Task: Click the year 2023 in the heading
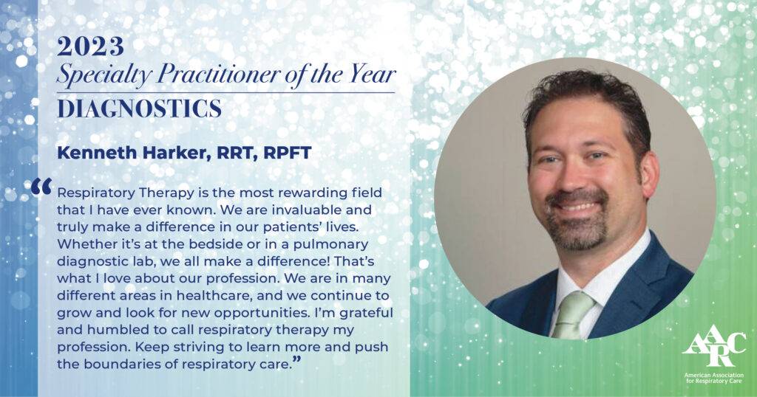click(90, 46)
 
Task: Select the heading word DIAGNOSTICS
click(139, 108)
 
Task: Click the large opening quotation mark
click(41, 186)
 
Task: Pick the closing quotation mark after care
click(297, 359)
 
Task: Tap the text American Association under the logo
click(713, 375)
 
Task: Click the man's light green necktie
click(573, 313)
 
